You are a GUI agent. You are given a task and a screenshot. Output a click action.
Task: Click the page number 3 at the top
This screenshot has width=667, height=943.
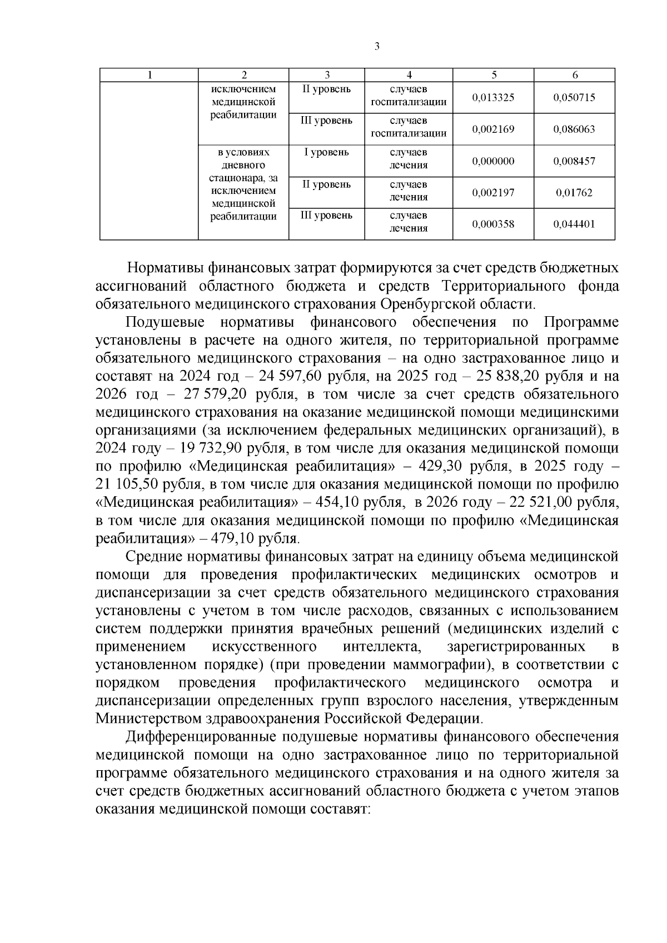click(x=377, y=47)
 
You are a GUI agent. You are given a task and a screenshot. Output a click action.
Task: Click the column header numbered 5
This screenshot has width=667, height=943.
click(x=494, y=75)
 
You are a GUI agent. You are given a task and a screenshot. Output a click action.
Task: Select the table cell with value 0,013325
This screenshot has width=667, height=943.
click(x=494, y=98)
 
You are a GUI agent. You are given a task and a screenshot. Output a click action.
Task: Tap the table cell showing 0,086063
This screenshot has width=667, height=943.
click(x=574, y=129)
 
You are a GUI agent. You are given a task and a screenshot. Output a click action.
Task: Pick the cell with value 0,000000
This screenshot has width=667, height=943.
click(x=494, y=161)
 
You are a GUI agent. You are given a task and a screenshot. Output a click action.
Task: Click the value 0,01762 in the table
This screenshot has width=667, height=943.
click(x=574, y=193)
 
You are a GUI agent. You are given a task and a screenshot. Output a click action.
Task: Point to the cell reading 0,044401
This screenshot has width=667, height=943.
click(x=574, y=224)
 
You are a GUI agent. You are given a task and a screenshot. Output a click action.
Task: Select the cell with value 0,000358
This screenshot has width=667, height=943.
click(x=494, y=224)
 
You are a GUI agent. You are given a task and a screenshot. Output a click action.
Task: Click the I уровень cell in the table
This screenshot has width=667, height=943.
click(x=326, y=152)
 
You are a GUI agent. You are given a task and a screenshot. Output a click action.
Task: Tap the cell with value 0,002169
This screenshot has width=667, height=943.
click(x=494, y=129)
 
